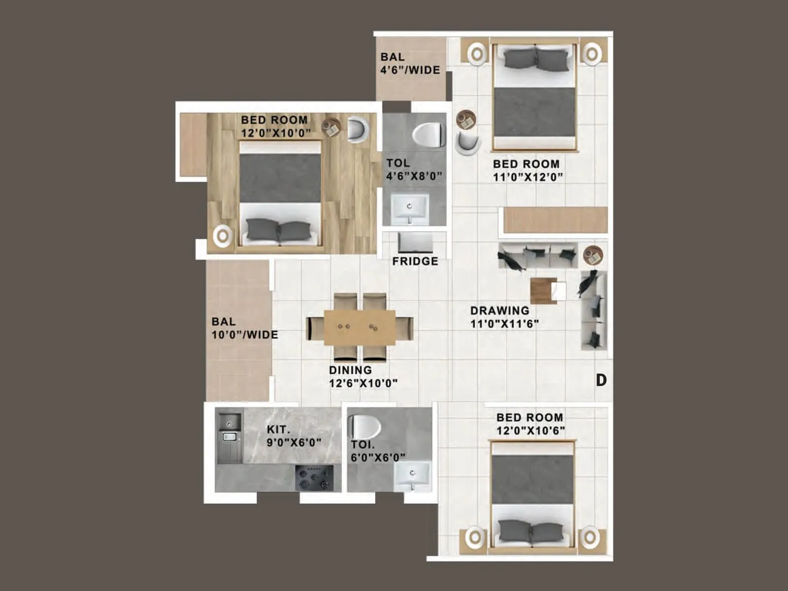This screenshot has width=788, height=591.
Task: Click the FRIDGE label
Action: pyautogui.click(x=415, y=261)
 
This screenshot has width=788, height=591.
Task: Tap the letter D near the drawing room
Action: pyautogui.click(x=601, y=380)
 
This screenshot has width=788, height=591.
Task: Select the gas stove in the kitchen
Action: pyautogui.click(x=314, y=478)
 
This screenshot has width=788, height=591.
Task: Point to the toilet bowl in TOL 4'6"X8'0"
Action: pyautogui.click(x=427, y=135)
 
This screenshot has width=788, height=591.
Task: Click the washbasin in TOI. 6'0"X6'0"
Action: pyautogui.click(x=412, y=476)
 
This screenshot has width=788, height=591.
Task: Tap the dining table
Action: pyautogui.click(x=360, y=327)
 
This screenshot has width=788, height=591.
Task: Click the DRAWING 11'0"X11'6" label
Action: pyautogui.click(x=504, y=317)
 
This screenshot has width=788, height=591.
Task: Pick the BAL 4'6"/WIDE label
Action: pyautogui.click(x=409, y=64)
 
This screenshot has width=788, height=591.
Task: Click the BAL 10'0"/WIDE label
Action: pyautogui.click(x=244, y=328)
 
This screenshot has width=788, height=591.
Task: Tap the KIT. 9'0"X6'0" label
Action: pyautogui.click(x=294, y=436)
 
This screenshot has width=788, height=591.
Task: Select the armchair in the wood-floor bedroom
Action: pyautogui.click(x=358, y=129)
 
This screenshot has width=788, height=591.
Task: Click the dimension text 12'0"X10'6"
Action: pyautogui.click(x=530, y=431)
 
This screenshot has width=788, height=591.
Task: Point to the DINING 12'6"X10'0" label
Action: pyautogui.click(x=363, y=377)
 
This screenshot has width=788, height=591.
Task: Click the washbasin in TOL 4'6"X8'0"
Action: pyautogui.click(x=410, y=209)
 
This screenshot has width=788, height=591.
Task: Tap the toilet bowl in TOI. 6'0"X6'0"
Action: pyautogui.click(x=364, y=427)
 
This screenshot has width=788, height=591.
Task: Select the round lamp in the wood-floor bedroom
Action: pyautogui.click(x=223, y=236)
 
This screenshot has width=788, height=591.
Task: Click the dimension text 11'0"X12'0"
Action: pyautogui.click(x=528, y=177)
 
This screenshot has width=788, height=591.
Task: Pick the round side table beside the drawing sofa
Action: pyautogui.click(x=593, y=255)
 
